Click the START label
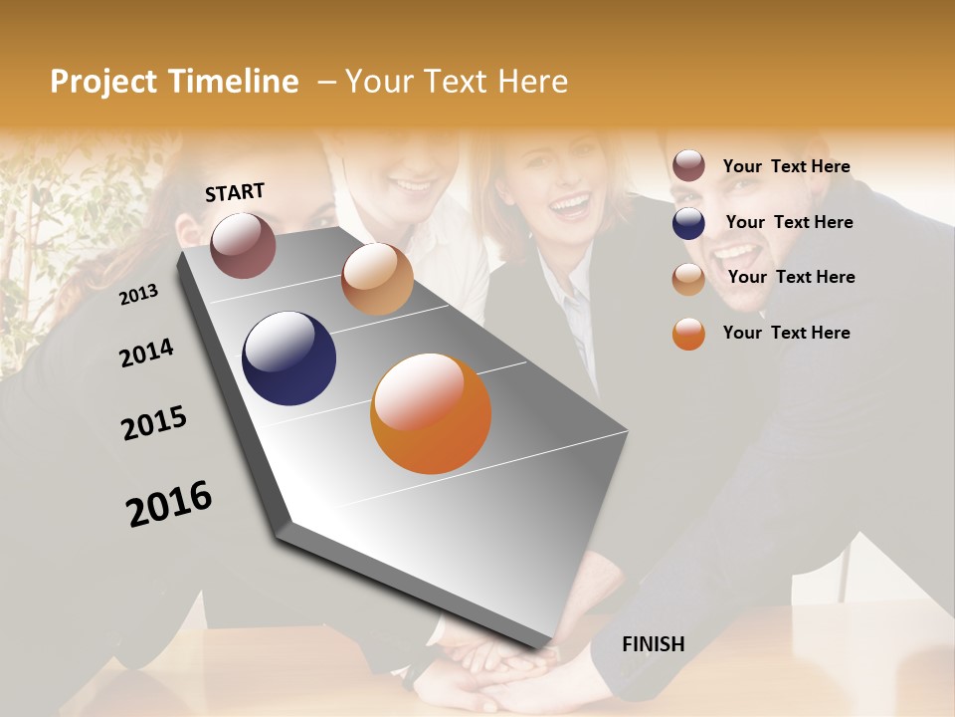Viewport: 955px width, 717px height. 235,192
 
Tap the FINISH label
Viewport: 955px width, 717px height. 654,644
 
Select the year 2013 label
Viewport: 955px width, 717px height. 139,294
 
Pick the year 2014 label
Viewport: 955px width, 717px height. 147,353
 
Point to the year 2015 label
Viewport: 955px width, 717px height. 154,423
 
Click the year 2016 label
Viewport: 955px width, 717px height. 169,504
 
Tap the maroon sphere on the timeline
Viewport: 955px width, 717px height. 243,245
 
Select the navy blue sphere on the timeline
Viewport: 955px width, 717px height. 288,358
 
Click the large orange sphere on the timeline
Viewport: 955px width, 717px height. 431,413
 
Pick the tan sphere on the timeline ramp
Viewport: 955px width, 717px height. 377,279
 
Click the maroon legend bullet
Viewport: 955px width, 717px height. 688,166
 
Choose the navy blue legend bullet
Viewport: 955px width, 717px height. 688,223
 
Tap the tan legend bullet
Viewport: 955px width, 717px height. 688,279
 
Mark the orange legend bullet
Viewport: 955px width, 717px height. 688,334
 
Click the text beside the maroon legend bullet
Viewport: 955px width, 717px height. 786,166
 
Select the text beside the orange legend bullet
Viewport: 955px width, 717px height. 786,333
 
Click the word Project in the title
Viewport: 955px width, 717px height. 104,82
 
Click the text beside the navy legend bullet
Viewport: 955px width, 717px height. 789,222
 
